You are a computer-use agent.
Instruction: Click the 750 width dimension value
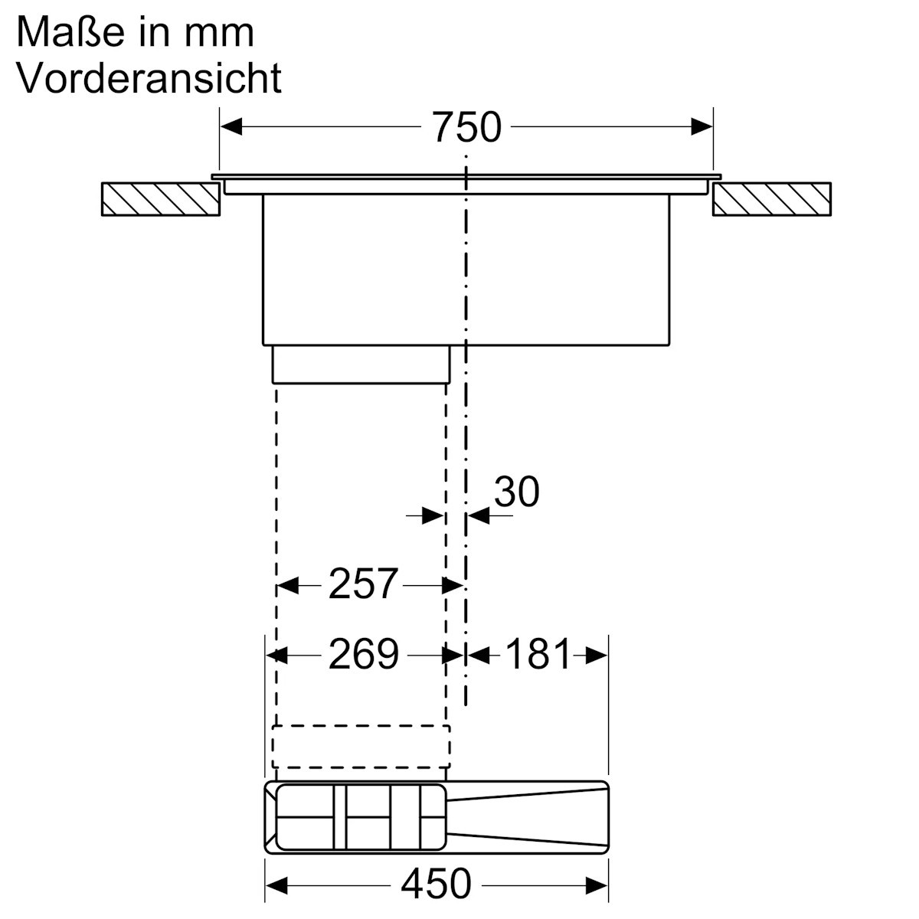(466, 127)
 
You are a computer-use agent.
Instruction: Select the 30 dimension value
(517, 492)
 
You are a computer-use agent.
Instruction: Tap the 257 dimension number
(364, 585)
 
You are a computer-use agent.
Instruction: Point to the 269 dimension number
(364, 655)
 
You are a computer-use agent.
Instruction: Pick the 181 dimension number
(539, 655)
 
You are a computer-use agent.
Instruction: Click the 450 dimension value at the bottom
(437, 885)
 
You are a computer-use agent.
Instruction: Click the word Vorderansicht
(149, 78)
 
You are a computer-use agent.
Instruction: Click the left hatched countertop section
(159, 199)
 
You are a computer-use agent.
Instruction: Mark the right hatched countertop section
(771, 199)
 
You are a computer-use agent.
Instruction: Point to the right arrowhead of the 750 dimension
(702, 127)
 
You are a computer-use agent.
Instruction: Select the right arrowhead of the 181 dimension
(597, 656)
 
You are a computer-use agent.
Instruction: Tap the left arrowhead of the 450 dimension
(276, 885)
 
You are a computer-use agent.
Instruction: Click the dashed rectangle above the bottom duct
(361, 746)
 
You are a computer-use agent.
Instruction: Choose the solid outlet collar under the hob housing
(361, 364)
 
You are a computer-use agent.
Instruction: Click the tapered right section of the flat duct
(528, 817)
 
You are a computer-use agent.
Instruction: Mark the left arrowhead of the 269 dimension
(276, 656)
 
